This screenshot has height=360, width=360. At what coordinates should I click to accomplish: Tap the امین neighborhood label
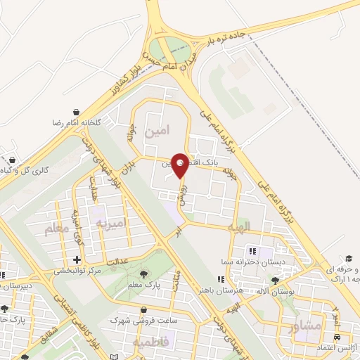point(156,131)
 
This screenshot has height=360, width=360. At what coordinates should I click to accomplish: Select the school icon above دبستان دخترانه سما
point(251,252)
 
